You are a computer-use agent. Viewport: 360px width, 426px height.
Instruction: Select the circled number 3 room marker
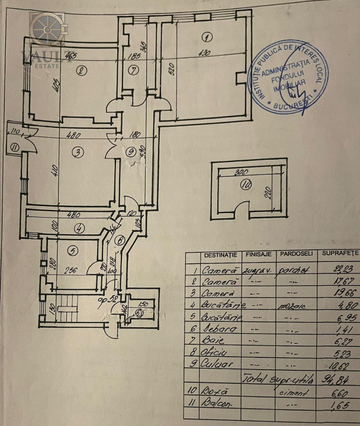[77, 152]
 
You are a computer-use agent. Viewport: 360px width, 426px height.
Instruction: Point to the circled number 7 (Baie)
[133, 71]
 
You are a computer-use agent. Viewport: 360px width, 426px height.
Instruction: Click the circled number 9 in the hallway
[131, 151]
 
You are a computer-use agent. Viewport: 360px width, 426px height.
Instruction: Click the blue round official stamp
[290, 77]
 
